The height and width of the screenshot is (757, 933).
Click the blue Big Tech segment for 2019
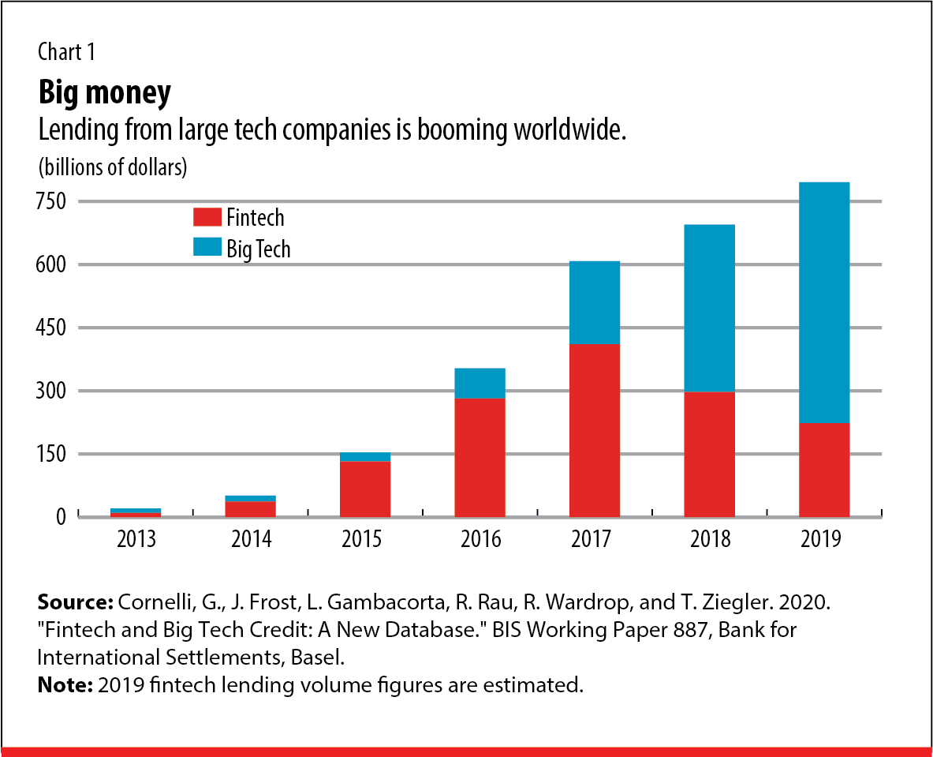coord(824,302)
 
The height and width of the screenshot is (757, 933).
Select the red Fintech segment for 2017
coord(595,430)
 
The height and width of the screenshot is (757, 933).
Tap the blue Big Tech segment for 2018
coord(710,308)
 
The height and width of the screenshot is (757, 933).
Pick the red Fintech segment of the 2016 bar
coord(480,457)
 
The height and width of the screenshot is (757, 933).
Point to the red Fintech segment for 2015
coord(365,489)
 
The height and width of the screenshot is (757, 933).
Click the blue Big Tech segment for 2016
coord(480,383)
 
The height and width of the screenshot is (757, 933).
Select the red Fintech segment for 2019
coord(824,470)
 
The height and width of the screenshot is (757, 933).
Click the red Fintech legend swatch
coord(208,217)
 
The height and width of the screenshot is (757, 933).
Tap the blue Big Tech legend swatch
coord(208,248)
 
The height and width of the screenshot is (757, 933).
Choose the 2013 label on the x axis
coord(136,540)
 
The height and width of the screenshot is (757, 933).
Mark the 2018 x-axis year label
coord(710,540)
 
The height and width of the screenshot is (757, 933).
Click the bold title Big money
coord(104,94)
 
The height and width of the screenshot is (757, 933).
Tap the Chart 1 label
coord(67,53)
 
